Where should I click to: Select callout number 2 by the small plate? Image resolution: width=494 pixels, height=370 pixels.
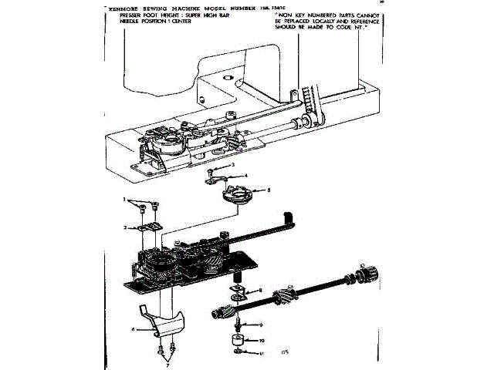tap(124, 227)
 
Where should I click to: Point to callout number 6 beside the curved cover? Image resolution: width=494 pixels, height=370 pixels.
tap(134, 329)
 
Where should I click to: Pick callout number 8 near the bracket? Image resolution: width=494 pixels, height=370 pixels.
tap(261, 290)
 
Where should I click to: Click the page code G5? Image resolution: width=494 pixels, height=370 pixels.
tap(285, 353)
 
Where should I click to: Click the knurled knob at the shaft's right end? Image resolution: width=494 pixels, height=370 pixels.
tap(368, 273)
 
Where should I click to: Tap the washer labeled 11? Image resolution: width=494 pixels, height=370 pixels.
tap(240, 353)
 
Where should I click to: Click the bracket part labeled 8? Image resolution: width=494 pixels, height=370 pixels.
tap(237, 291)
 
